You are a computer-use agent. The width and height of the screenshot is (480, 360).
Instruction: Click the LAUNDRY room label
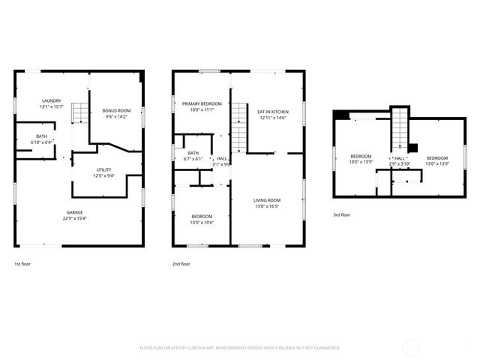52,101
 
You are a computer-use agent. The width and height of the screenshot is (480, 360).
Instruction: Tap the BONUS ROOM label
116,110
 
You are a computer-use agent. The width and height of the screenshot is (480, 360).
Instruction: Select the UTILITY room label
103,170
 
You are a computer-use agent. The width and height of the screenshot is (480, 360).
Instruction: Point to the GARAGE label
73,212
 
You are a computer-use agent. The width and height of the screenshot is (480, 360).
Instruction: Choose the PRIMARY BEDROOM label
201,103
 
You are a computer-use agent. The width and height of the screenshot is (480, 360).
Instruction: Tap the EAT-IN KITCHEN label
274,112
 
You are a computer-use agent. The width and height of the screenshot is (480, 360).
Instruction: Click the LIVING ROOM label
266,200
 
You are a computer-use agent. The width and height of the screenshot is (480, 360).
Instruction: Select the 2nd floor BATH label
193,153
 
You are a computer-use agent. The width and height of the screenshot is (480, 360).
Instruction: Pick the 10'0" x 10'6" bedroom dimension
201,222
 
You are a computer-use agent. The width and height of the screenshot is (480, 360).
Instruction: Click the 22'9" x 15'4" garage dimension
73,218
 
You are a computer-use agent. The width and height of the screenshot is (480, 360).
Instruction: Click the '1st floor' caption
22,264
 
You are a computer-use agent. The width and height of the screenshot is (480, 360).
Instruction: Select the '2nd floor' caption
181,264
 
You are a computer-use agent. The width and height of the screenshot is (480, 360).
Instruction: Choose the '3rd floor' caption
341,214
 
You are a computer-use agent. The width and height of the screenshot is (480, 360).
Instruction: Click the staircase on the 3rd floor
400,127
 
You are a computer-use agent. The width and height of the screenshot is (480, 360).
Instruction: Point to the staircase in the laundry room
76,135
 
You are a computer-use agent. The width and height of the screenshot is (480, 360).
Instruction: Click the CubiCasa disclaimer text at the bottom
240,348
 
